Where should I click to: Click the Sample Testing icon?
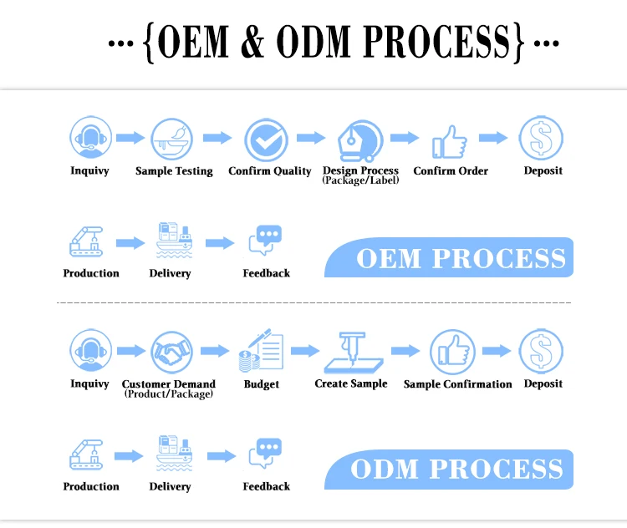click(171, 140)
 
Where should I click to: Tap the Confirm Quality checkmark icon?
click(266, 140)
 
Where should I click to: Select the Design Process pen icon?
click(359, 140)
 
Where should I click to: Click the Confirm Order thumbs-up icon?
click(450, 141)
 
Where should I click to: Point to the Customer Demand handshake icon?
click(172, 353)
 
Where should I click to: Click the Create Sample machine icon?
click(352, 352)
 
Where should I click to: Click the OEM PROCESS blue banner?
click(451, 258)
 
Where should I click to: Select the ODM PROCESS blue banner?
click(451, 469)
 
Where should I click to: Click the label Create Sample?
click(351, 383)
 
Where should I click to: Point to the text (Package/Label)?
click(360, 180)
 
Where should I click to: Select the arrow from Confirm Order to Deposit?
click(493, 138)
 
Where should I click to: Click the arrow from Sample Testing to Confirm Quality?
click(217, 138)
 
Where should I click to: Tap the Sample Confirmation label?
click(457, 384)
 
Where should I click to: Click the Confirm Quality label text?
click(269, 171)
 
